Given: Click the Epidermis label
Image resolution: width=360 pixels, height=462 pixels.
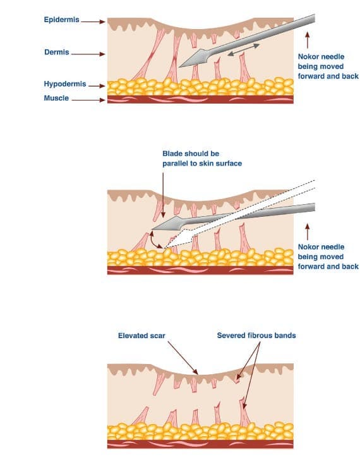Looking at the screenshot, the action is tap(61, 20).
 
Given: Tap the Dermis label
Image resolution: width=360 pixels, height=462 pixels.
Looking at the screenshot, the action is tap(56, 52).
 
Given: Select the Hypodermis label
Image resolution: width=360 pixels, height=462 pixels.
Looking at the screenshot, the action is tap(65, 84).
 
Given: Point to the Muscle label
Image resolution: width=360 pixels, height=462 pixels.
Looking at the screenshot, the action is tap(56, 98).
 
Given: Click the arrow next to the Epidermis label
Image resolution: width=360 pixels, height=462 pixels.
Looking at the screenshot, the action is tap(93, 21).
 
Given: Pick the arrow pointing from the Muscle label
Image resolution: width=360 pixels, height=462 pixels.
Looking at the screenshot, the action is tap(88, 100).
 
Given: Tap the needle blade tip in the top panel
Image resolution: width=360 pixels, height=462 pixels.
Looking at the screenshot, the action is tap(179, 67).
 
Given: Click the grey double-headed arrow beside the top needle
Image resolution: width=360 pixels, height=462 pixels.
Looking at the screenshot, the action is tap(244, 49).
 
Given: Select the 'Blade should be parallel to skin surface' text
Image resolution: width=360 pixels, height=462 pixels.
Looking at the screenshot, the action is tap(202, 159).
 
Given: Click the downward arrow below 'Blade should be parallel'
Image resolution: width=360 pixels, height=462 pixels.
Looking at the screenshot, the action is tap(163, 195).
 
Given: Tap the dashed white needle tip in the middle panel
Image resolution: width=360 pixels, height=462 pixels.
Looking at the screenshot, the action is tap(165, 248).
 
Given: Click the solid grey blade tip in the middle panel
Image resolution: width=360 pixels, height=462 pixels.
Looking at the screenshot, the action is tap(152, 229).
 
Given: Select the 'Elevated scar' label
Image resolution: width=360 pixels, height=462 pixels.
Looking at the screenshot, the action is tap(141, 336).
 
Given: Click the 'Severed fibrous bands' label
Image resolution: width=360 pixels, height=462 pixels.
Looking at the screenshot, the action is tap(256, 336).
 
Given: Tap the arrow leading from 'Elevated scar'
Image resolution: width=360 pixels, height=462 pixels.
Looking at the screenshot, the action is tap(183, 358).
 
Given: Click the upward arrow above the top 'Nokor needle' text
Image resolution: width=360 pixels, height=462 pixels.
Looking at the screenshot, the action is tap(308, 40).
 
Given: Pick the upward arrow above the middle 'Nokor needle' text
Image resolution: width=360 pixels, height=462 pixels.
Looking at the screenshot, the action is tap(308, 231).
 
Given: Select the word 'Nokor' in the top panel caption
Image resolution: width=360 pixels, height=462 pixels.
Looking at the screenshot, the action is tap(308, 57).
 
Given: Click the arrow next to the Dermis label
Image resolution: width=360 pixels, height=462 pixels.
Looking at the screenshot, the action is tap(88, 54).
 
